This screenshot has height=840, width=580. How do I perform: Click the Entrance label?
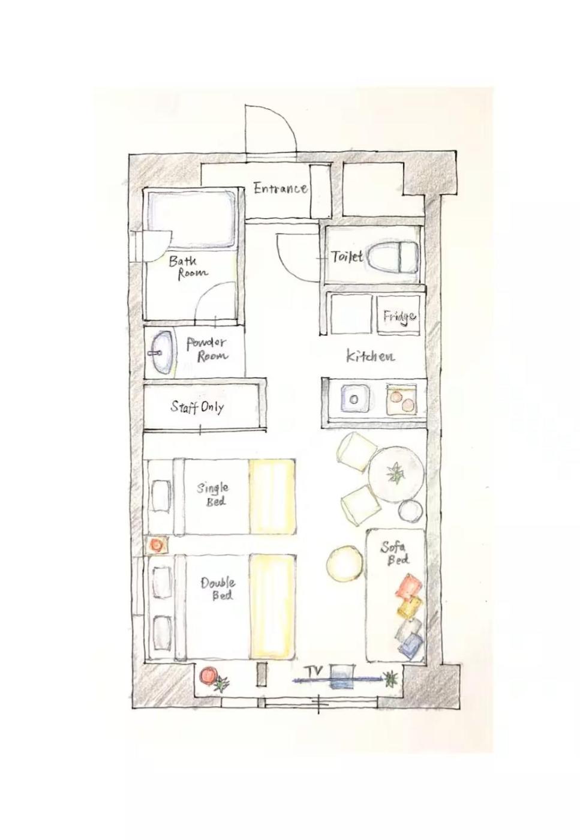[281, 188]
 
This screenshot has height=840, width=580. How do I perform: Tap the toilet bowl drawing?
[392, 257]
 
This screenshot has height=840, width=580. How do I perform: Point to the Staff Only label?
[197, 407]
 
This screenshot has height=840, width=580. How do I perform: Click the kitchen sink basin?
[354, 399]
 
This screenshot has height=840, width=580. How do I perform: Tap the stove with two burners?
[401, 400]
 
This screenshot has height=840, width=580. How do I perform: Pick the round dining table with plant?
[395, 475]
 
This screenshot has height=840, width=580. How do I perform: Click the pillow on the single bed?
[161, 496]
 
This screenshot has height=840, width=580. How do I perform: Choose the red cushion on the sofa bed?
[409, 586]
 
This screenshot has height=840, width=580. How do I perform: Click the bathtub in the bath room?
[192, 220]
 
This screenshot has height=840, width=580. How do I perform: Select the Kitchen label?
[370, 355]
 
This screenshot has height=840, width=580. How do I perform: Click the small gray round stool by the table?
[410, 511]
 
